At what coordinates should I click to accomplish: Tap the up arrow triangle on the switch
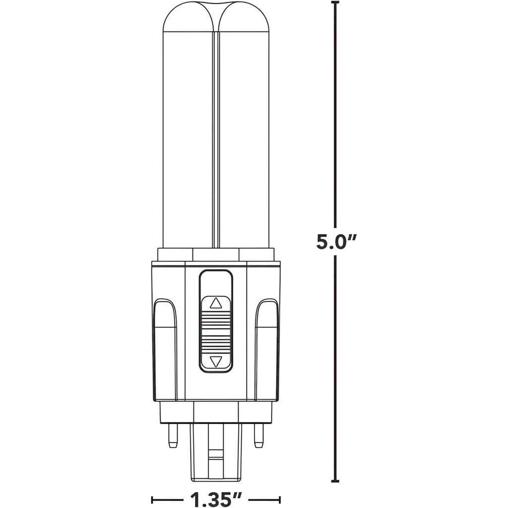216,303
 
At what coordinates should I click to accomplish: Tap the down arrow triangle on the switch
216,361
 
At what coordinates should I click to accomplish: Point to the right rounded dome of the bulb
244,18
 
